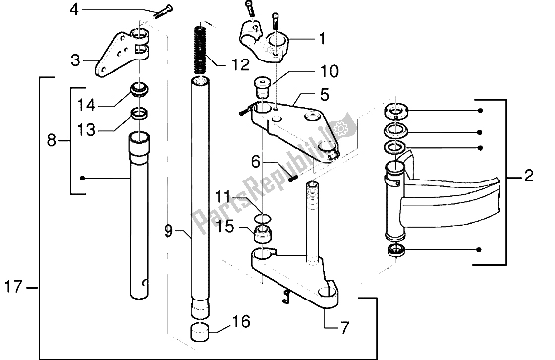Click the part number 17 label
tap(13, 286)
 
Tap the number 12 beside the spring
tap(240, 64)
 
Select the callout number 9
tap(168, 231)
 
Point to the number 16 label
tap(241, 321)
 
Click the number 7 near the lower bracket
tap(345, 327)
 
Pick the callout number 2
tap(529, 176)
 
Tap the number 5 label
tap(324, 95)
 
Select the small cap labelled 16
tap(200, 332)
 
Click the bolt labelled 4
tap(163, 11)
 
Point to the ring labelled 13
tap(139, 113)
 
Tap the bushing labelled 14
tap(139, 89)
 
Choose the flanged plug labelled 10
tap(262, 89)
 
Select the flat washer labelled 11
tap(263, 218)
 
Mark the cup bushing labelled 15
tap(263, 234)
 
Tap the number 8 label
tap(52, 140)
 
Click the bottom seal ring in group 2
tap(395, 250)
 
